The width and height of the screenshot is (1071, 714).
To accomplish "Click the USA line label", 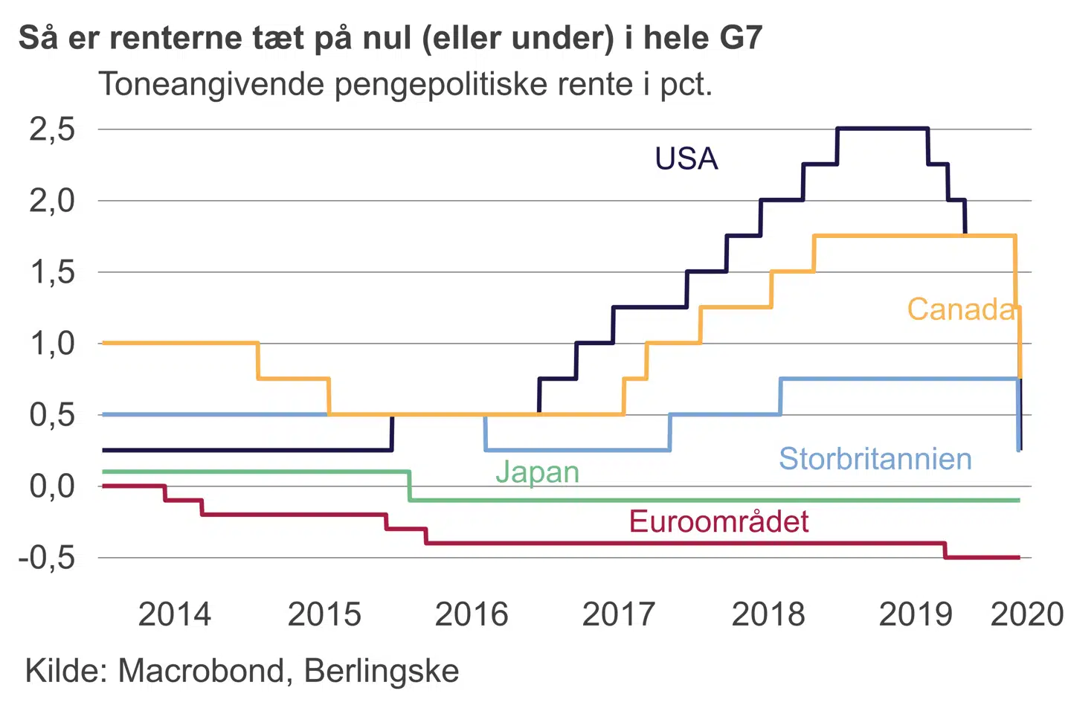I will tap(686, 159).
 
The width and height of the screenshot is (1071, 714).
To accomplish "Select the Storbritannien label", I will tap(875, 459).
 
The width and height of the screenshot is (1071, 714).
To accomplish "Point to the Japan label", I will tap(537, 472).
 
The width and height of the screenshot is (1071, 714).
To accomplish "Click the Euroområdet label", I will tap(718, 521).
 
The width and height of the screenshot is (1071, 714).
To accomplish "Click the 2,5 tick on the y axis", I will tap(52, 129).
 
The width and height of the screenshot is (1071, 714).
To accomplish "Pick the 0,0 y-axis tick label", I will tap(52, 486).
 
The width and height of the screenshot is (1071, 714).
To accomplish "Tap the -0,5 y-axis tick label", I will tap(47, 558).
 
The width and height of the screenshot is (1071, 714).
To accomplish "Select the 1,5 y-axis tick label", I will tap(52, 272).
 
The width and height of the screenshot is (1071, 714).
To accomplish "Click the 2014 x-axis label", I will tap(175, 614).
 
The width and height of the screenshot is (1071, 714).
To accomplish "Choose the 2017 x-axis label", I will tap(618, 614).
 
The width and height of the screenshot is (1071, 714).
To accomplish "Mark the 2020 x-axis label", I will tap(1027, 614).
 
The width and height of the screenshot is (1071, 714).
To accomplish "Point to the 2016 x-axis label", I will tap(472, 614).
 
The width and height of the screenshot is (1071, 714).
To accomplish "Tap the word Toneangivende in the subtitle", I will tap(212, 84).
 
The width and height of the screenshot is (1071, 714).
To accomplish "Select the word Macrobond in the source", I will tap(201, 671).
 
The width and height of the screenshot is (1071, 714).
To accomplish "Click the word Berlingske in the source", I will tap(382, 671).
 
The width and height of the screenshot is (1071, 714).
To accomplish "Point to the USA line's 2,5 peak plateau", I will tap(882, 129).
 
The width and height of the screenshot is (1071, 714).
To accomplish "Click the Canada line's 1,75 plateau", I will tap(915, 236).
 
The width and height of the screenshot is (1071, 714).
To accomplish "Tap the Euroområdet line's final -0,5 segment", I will tap(982, 557).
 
